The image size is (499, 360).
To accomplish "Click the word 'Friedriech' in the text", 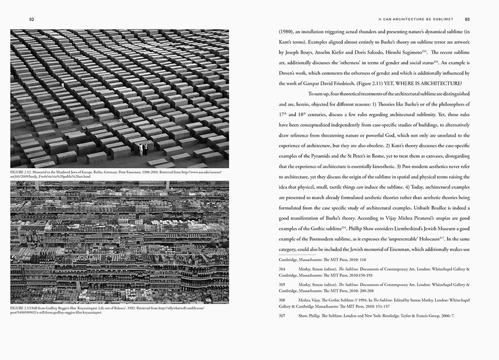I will coord(357,83).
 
